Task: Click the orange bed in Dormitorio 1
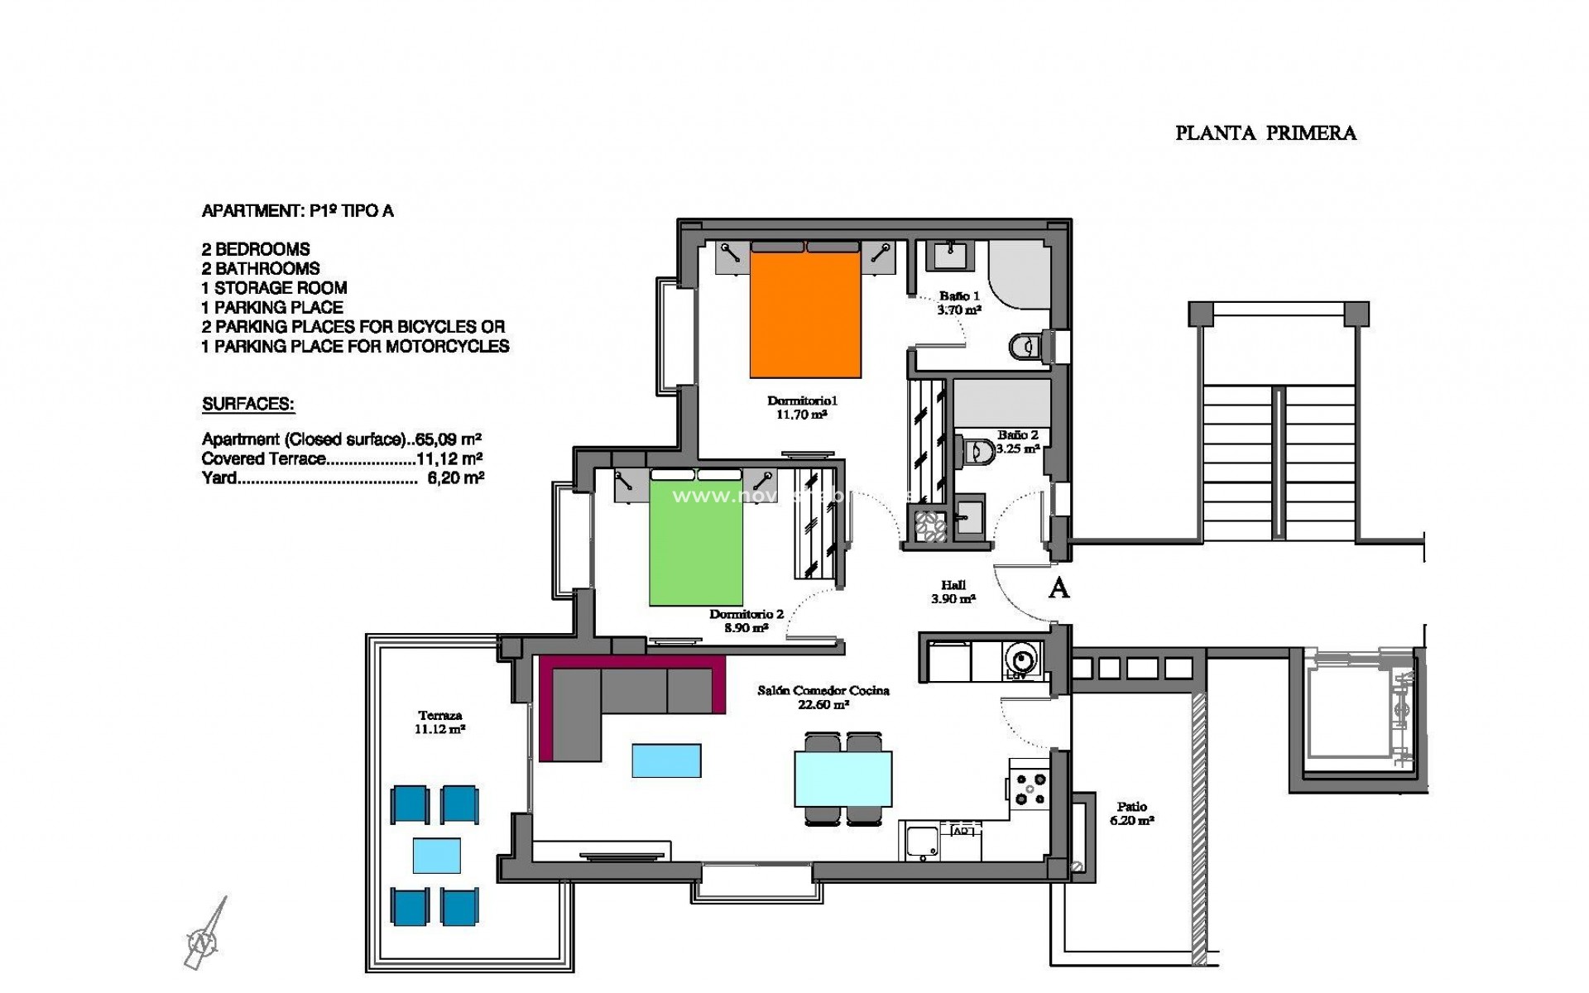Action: tap(804, 314)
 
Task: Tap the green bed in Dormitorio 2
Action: tap(695, 542)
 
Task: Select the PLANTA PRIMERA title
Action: tap(1265, 133)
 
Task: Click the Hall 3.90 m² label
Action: tap(953, 592)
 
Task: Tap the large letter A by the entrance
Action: tap(1059, 588)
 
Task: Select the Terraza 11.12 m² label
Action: tap(439, 722)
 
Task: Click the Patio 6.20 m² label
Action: tap(1131, 813)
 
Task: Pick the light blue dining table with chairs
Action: tap(843, 778)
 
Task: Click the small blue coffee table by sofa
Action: tap(666, 760)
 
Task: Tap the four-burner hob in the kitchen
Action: tap(1030, 788)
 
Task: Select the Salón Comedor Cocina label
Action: tap(823, 697)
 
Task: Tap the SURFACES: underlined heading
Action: tap(248, 405)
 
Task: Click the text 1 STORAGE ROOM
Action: tap(274, 288)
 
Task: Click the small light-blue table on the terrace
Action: tap(436, 856)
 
